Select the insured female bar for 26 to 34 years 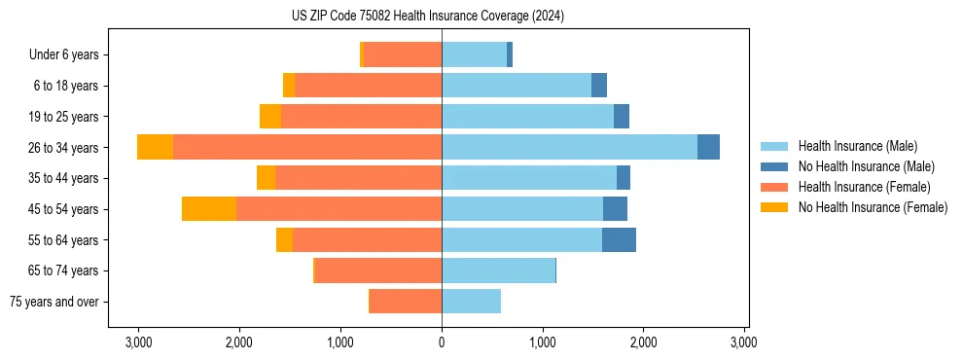(307, 147)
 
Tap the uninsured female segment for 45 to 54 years (209, 209)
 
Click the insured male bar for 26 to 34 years (569, 147)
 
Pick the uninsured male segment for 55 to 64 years (619, 240)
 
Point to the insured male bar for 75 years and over (471, 302)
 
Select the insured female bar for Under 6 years (403, 54)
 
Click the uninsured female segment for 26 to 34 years (155, 147)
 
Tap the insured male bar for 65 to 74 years (498, 270)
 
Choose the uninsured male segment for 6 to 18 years (599, 86)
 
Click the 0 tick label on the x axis (442, 342)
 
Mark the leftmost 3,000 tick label (138, 342)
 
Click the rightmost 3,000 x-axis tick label (744, 342)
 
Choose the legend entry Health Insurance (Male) (857, 146)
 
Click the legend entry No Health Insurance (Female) (873, 207)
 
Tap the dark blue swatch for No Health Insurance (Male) (774, 166)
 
